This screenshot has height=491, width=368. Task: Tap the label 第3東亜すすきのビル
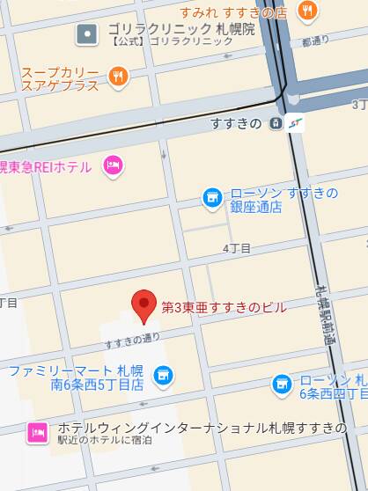pos(224,307)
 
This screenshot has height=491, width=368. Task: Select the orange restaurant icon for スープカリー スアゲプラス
pos(119,77)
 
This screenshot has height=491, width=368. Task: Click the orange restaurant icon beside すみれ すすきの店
pos(307,11)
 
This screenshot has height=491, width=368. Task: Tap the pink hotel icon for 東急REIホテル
pos(112,165)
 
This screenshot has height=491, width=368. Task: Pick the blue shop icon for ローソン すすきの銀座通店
pos(211,198)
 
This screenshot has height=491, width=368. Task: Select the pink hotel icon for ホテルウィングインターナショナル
pos(37,432)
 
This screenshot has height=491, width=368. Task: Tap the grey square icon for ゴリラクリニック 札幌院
pos(87,34)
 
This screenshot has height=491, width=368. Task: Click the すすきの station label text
pos(236,124)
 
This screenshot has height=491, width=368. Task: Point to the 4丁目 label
pos(236,249)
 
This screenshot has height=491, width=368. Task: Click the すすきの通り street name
pos(132,340)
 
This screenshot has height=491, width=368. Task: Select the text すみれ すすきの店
pos(233,12)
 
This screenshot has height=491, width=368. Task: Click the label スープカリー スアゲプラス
pos(59,79)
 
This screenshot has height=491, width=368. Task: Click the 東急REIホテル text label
pos(49,165)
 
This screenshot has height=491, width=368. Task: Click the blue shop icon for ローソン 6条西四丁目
pos(281,385)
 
